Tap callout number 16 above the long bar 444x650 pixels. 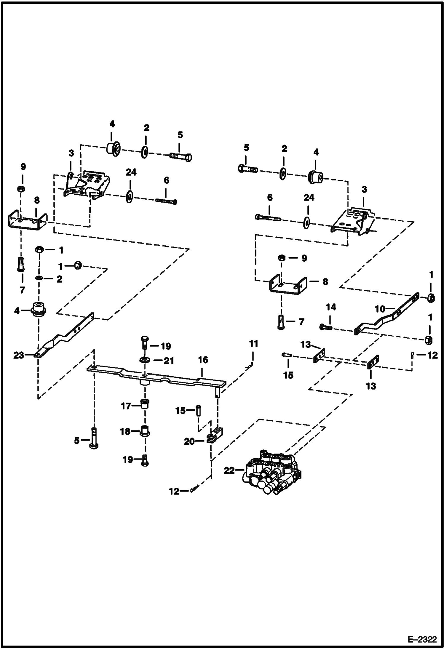click(x=203, y=360)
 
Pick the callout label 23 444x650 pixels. click(x=19, y=355)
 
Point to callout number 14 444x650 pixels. click(x=331, y=307)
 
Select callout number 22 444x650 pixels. click(x=229, y=470)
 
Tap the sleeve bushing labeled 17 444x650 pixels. click(x=145, y=404)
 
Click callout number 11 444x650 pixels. click(x=253, y=344)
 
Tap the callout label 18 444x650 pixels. click(x=125, y=431)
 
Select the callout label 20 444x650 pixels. click(x=189, y=441)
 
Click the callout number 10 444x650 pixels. click(x=380, y=309)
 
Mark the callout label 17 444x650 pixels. click(x=126, y=406)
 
